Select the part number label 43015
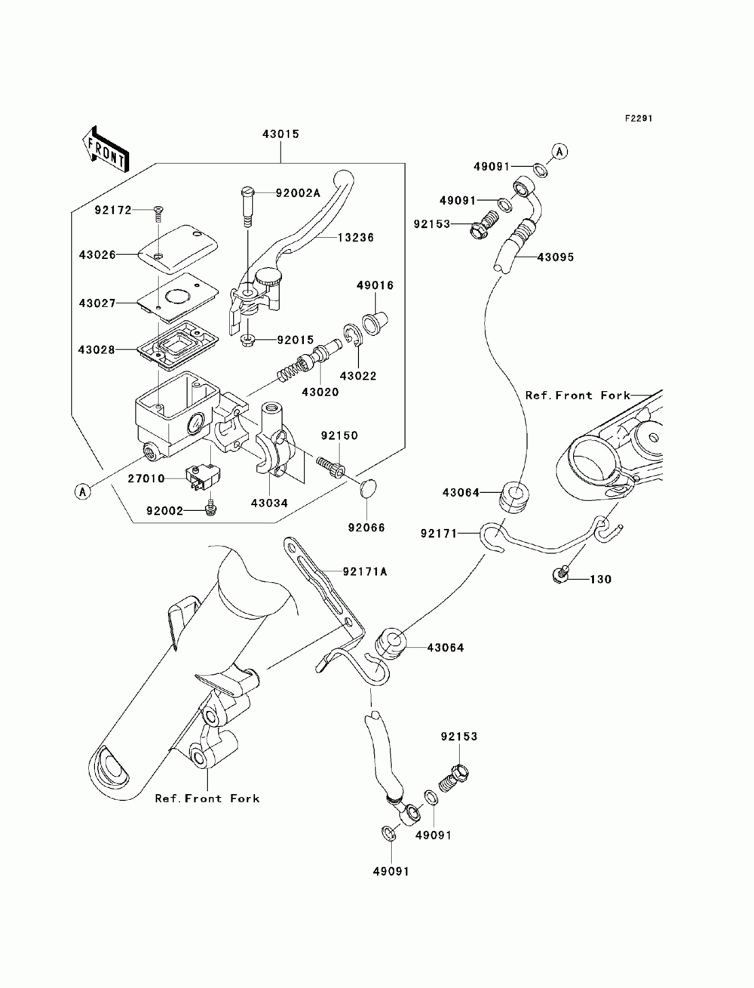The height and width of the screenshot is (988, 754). pos(281,134)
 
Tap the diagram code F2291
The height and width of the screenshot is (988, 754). pos(639,118)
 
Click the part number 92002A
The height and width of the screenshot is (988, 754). pos(298,193)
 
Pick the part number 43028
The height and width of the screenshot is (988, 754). pos(97,349)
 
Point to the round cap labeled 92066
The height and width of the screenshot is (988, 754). pos(369,488)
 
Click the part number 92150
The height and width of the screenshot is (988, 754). pos(339,436)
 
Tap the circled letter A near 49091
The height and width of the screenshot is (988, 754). pos(559,151)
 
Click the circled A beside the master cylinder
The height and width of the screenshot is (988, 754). pos(82,491)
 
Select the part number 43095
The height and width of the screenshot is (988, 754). pos(556,257)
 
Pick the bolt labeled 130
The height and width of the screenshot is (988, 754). pos(559,575)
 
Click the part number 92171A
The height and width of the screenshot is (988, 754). pos(365,571)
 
